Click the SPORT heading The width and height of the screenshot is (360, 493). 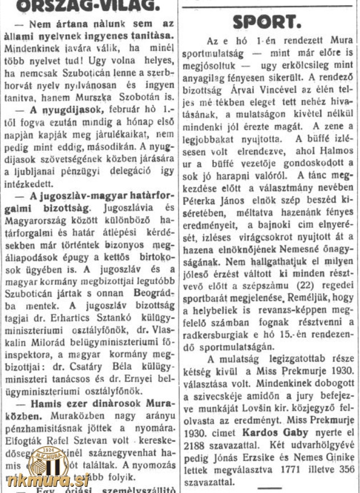pyautogui.click(x=266, y=22)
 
